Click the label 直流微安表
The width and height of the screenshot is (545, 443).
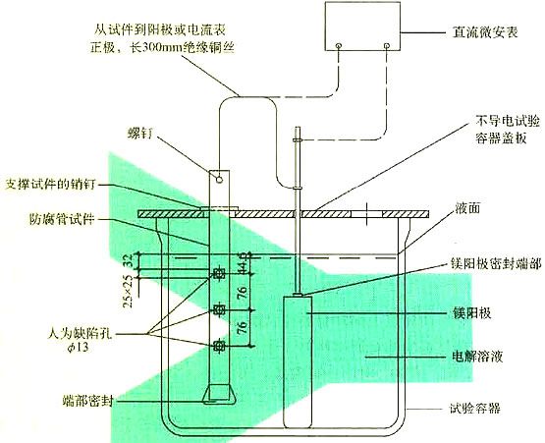point(485,32)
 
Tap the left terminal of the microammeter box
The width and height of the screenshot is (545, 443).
point(339,45)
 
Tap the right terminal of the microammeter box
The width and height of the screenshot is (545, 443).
point(387,45)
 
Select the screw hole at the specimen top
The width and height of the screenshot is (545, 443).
point(219,180)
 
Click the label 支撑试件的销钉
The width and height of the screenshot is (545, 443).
point(50,185)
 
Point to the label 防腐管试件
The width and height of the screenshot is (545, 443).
point(62,220)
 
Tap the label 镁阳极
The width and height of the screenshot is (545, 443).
point(471,313)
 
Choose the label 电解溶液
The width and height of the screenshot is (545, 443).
point(477,356)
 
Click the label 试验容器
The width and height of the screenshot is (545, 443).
point(474,409)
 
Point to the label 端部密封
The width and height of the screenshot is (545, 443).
point(87,401)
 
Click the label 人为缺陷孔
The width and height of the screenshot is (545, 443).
point(81,334)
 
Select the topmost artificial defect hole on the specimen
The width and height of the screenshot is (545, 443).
point(219,274)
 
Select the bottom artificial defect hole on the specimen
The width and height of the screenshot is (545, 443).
point(219,346)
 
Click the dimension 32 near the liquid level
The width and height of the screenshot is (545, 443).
point(128,260)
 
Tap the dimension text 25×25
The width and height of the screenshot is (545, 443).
point(128,292)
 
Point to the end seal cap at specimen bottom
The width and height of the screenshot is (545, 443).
point(219,395)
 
